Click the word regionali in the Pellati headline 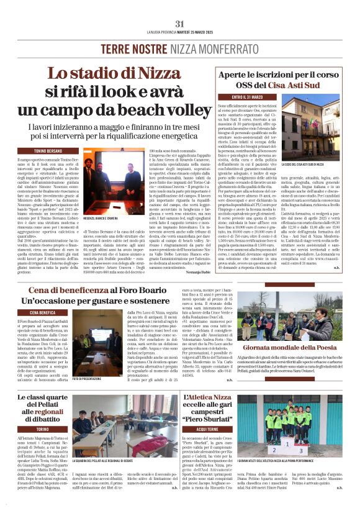pyautogui.click(x=52, y=411)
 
